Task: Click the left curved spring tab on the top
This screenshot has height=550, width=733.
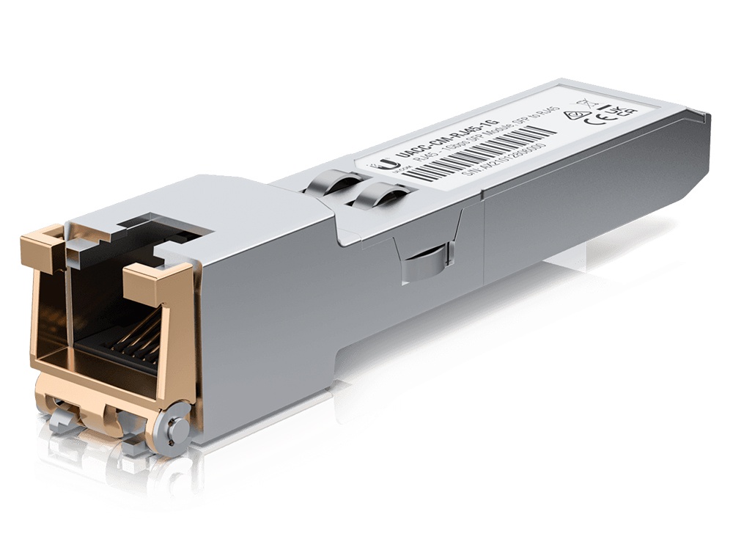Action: pos(331,183)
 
